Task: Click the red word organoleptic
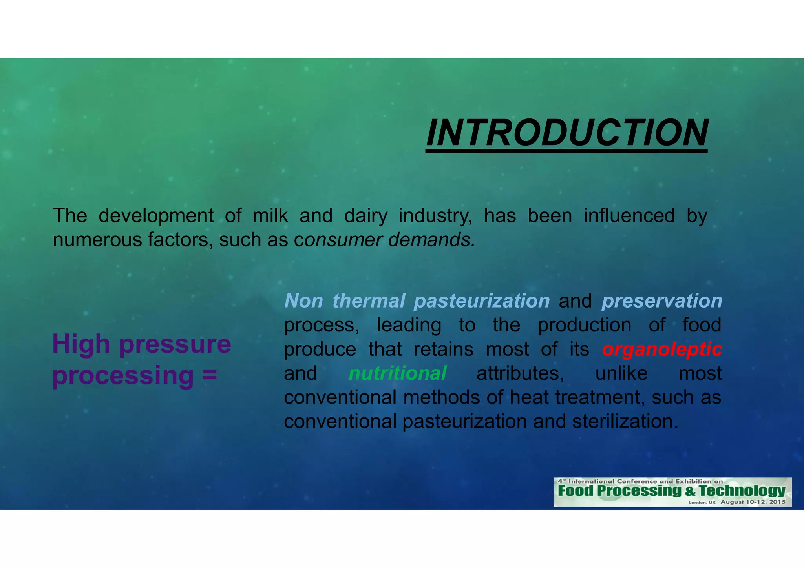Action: coord(662,349)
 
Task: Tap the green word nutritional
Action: coord(397,373)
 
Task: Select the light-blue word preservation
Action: coord(662,301)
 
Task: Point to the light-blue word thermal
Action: coord(369,301)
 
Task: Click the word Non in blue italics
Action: coord(303,301)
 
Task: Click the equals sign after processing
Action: coord(210,375)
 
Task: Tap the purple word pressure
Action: coord(175,344)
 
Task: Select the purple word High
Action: coord(81,344)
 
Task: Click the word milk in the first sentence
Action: coord(270,216)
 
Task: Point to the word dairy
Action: coord(365,216)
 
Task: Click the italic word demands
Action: coord(431,240)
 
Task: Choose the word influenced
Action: coord(629,216)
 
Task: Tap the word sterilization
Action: coord(625,422)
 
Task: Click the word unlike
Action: coord(621,373)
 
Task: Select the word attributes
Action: coord(520,373)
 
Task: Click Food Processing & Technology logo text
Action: coord(671,491)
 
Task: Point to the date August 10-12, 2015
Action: coord(753,502)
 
